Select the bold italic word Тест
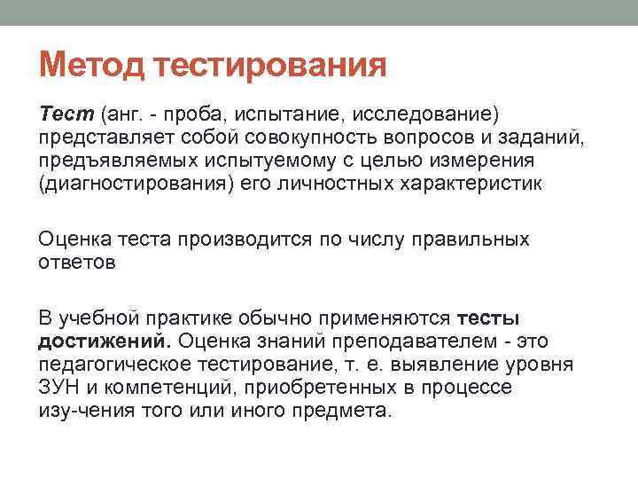click(66, 114)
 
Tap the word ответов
click(76, 263)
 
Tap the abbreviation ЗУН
click(59, 388)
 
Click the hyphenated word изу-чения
click(90, 411)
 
